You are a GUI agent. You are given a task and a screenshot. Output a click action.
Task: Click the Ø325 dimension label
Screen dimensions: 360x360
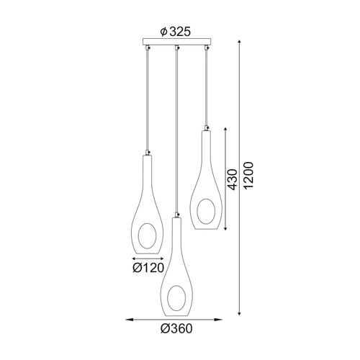(x=176, y=32)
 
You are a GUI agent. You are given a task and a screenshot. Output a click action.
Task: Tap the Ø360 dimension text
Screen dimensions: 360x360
(x=176, y=328)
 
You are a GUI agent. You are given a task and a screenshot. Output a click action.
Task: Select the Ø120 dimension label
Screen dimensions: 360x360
(x=148, y=268)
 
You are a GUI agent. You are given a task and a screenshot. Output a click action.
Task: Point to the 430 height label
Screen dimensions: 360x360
(x=232, y=179)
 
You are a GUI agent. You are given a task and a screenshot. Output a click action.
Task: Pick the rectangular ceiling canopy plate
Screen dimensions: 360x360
(x=177, y=42)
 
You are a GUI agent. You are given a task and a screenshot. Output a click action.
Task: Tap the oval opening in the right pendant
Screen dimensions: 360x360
(x=206, y=212)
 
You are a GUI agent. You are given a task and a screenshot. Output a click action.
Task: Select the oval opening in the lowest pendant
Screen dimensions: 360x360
(x=176, y=298)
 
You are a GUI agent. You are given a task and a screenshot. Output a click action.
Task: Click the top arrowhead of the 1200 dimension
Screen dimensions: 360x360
(x=239, y=42)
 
